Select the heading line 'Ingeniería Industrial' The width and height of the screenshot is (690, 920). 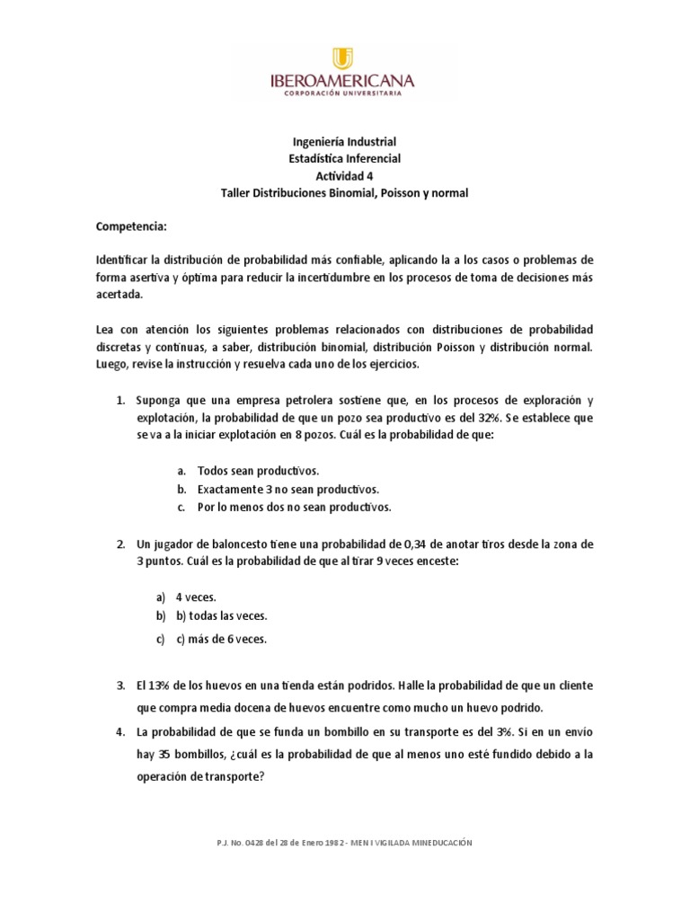point(345,142)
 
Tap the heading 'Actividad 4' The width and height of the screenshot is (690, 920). point(345,176)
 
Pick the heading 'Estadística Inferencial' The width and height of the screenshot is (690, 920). point(345,159)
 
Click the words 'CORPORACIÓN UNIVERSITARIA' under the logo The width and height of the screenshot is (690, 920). point(345,93)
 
